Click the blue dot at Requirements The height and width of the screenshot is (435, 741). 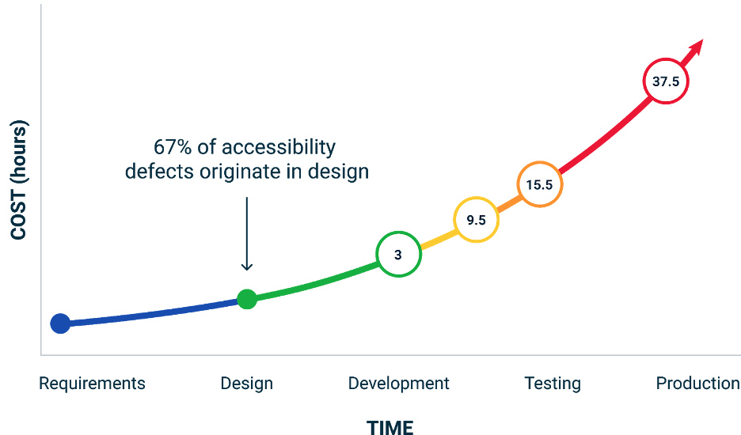tap(60, 323)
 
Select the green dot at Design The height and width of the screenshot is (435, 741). tap(247, 299)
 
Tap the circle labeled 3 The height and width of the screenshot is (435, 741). tap(398, 255)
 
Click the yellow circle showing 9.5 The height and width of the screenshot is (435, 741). tap(476, 221)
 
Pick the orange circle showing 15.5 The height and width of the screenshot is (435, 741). tap(541, 185)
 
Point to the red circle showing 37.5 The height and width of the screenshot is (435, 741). tap(666, 81)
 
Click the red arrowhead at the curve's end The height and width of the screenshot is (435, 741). tap(697, 45)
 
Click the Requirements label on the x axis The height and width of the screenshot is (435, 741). tap(92, 384)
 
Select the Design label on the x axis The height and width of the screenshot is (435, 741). tap(246, 384)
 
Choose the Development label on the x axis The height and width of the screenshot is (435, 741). tap(398, 384)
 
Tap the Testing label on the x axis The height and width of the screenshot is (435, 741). tap(553, 384)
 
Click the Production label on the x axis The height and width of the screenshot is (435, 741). tap(697, 384)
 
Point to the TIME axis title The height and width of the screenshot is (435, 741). tap(389, 427)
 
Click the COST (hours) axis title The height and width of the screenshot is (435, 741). tap(19, 180)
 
